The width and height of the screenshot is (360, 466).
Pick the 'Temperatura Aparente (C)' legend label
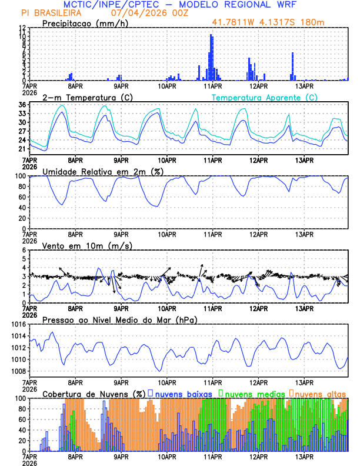click(264, 97)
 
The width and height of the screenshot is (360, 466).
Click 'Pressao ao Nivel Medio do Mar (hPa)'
click(119, 319)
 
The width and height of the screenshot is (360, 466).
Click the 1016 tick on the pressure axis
click(18, 324)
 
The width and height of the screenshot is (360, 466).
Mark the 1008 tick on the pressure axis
click(18, 371)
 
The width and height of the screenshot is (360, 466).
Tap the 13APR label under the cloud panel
click(304, 456)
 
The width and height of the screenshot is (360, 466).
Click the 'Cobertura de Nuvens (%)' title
click(94, 393)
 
